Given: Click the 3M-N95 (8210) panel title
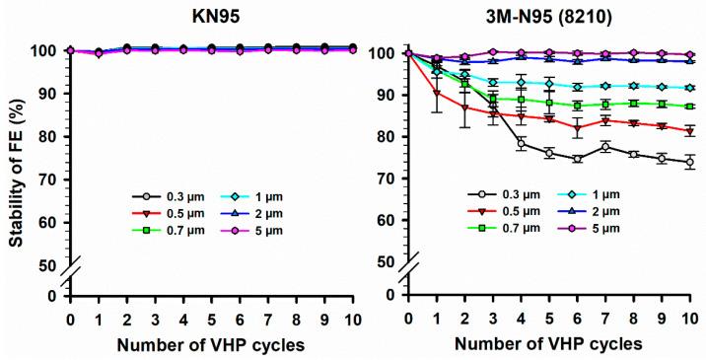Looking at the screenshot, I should click(x=549, y=17).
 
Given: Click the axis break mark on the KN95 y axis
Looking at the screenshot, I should click(x=70, y=279).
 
